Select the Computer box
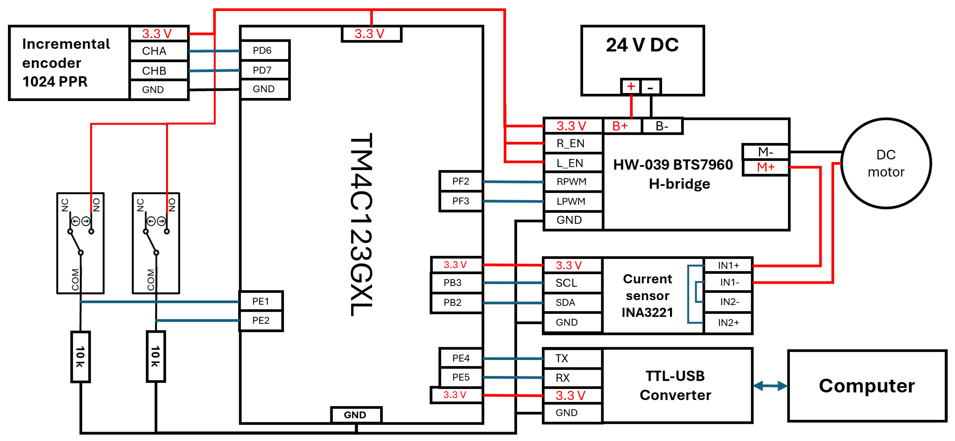867,386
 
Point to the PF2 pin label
461,181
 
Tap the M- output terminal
765,152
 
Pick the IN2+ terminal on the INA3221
728,323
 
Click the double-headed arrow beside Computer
770,386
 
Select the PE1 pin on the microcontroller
261,301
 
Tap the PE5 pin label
461,377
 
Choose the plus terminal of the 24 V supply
631,87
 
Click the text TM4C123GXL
361,224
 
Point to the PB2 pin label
453,302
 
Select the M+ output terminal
765,167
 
